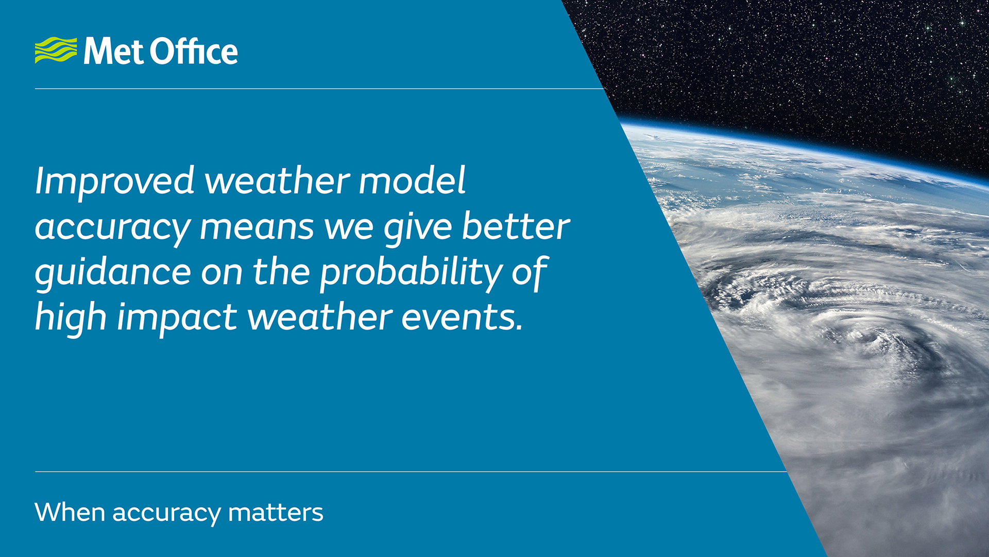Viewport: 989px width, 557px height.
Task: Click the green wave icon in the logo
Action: click(56, 50)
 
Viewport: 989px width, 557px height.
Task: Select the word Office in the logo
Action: click(194, 51)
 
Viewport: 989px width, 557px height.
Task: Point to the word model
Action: click(412, 181)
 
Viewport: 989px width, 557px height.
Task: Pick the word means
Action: click(257, 228)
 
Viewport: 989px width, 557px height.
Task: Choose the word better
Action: click(516, 226)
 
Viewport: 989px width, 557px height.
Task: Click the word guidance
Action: click(113, 273)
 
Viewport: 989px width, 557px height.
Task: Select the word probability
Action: click(411, 273)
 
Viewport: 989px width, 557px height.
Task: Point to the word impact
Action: click(177, 318)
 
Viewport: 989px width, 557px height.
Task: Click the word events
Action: click(462, 317)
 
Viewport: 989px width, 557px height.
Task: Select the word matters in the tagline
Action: click(276, 513)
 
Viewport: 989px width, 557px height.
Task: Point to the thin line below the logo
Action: click(319, 89)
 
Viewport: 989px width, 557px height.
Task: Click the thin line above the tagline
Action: click(411, 471)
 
